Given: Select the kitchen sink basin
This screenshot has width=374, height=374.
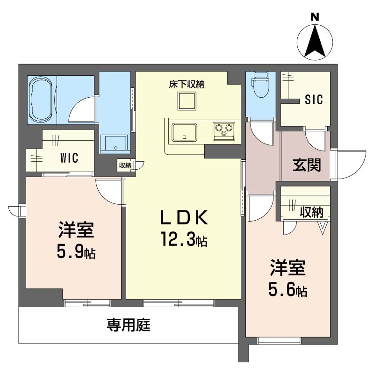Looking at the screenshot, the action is click(184, 132).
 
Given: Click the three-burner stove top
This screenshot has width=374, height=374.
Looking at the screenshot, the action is click(224, 131).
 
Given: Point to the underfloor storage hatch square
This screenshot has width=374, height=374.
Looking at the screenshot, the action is click(187, 101).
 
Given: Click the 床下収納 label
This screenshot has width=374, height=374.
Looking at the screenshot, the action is click(187, 84).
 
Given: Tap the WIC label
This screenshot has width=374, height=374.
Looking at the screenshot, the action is click(69, 158).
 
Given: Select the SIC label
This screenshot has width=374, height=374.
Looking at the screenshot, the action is click(314, 100).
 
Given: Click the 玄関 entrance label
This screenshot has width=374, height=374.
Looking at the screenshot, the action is click(307, 165).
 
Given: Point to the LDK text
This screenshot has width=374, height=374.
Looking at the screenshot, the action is click(184, 217).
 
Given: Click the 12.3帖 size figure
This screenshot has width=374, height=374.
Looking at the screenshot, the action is click(184, 239).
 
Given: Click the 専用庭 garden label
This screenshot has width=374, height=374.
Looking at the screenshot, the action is click(128, 325).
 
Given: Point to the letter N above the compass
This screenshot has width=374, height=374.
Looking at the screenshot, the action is click(315, 17).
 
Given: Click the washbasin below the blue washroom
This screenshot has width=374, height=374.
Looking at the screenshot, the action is click(115, 144).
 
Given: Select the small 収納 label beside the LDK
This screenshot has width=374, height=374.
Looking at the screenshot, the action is click(125, 165).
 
